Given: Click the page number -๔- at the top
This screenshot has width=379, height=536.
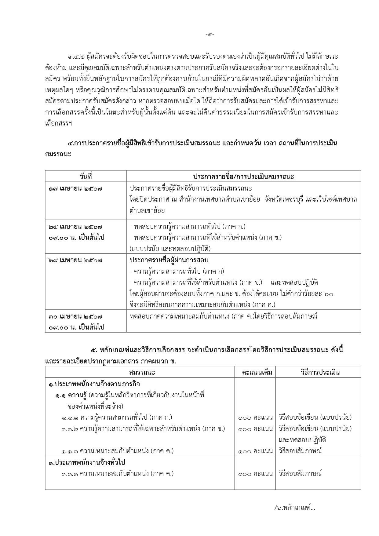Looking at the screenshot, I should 210,35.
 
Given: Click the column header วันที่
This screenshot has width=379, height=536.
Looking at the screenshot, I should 86,177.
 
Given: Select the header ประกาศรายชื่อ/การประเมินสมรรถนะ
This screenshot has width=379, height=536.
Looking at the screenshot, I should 243,177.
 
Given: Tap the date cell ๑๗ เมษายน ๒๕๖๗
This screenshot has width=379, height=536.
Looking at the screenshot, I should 75,188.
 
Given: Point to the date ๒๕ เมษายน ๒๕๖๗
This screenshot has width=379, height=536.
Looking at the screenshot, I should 75,227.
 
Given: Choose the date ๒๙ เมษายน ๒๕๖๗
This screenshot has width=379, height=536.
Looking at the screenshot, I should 75,261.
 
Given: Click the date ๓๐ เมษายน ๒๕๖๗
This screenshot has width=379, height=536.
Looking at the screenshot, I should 75,316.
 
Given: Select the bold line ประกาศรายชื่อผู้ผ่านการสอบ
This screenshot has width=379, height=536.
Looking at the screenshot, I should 169,260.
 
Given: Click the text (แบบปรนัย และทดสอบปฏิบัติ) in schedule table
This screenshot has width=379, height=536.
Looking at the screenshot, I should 170,248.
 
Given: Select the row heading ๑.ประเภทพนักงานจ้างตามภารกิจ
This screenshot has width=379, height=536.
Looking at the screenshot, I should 94,384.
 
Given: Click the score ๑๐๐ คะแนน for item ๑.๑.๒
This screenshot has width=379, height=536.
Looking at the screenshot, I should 255,429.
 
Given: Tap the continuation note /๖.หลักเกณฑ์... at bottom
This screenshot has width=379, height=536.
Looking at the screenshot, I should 294,508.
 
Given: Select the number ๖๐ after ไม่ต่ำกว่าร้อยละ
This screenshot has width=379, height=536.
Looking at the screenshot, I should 329,294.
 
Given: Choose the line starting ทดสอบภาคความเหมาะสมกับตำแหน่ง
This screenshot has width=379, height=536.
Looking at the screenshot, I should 223,316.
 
